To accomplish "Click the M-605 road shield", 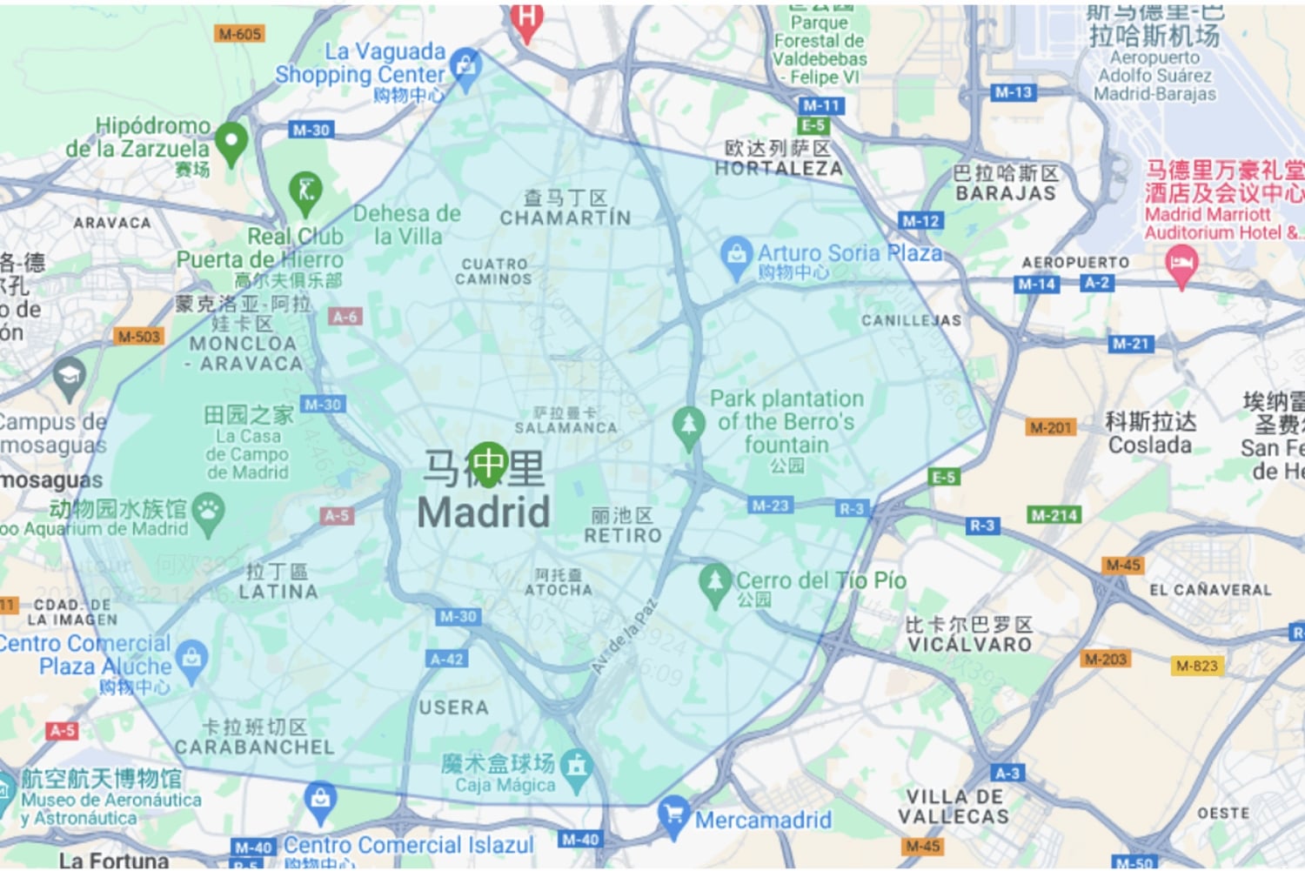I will (239, 34).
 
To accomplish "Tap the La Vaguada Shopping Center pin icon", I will (465, 67).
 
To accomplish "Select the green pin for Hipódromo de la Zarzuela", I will (231, 141).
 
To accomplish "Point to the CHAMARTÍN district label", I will (565, 218).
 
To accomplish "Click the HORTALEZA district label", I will (779, 169).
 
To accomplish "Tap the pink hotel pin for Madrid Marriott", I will (1181, 264).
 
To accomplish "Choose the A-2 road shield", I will (1096, 283).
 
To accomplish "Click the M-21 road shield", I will (1130, 344).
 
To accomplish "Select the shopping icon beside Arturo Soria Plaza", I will (736, 257).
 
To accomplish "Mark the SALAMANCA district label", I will (565, 427).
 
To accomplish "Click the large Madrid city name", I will (484, 512).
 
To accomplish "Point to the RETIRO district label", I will (623, 535).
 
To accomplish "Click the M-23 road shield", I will (769, 505).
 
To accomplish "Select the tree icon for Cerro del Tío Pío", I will (714, 582).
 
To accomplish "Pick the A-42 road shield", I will (447, 659).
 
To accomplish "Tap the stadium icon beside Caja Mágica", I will (576, 767).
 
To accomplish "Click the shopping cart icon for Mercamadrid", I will (673, 814).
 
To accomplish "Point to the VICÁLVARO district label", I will (970, 645).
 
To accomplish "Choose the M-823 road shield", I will (1196, 666).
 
